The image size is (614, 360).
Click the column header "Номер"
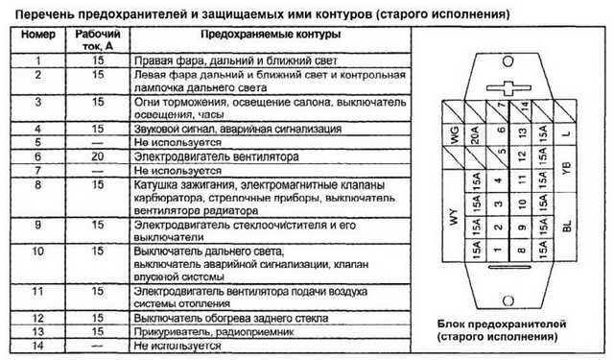click(x=38, y=35)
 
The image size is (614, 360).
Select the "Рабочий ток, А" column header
click(x=98, y=40)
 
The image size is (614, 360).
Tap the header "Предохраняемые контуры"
click(x=271, y=35)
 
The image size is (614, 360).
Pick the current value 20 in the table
click(x=98, y=156)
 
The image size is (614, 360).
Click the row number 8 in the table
click(x=38, y=184)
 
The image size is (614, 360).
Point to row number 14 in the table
click(x=38, y=346)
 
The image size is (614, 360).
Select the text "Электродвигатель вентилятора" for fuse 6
click(x=217, y=156)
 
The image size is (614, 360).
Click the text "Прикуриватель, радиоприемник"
click(x=214, y=332)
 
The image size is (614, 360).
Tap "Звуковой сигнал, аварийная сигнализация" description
click(x=238, y=129)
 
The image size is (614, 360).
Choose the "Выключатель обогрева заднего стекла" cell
click(x=231, y=318)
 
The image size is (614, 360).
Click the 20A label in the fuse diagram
click(x=475, y=134)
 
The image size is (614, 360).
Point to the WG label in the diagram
click(x=455, y=135)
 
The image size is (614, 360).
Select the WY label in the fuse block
click(x=454, y=217)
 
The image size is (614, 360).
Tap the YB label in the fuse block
click(x=566, y=168)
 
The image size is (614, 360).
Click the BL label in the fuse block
click(x=567, y=226)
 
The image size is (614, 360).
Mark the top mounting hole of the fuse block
click(x=508, y=61)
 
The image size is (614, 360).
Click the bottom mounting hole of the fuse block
click(x=508, y=300)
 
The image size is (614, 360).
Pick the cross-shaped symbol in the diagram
click(x=508, y=88)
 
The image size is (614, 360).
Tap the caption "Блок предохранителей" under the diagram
click(x=502, y=324)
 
